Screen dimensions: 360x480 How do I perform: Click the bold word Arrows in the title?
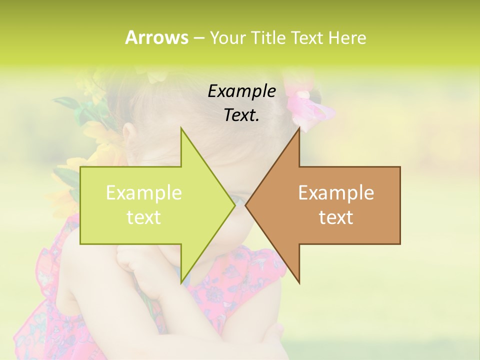tap(156, 37)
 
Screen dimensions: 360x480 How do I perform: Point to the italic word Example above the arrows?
tap(241, 91)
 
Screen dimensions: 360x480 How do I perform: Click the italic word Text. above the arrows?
tap(241, 115)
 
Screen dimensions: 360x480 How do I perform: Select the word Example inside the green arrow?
tap(144, 193)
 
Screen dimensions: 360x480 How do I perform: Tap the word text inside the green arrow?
tap(144, 217)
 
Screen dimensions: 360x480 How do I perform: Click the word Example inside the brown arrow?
tap(336, 193)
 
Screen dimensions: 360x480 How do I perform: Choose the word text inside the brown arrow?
tap(336, 217)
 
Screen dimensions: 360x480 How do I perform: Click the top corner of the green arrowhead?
tap(181, 128)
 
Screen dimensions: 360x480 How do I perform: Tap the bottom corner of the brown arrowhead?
tap(299, 283)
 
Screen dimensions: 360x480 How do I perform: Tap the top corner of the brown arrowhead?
tap(299, 128)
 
